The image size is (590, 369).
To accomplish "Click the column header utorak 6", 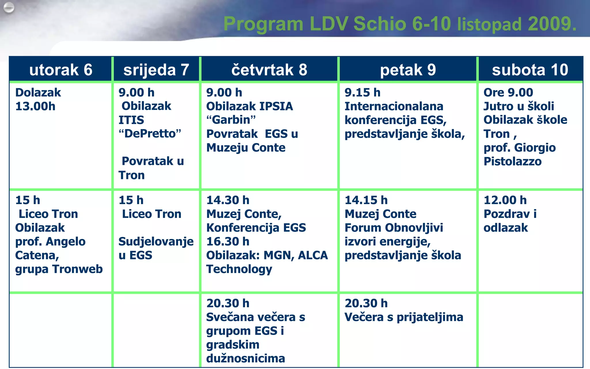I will click(61, 70).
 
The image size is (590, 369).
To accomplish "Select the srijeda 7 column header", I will click(156, 70).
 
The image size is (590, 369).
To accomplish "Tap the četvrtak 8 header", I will click(269, 70).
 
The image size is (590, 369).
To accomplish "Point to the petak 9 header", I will click(408, 70).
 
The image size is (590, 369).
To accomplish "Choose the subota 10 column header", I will click(530, 70).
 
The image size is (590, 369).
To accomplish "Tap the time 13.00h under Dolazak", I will click(35, 106).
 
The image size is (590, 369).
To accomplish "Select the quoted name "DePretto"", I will click(150, 134).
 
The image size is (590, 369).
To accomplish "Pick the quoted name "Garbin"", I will click(231, 120).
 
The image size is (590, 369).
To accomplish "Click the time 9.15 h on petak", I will click(362, 93).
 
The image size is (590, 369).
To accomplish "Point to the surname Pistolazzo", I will click(513, 161).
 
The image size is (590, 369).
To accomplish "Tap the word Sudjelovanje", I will click(156, 242).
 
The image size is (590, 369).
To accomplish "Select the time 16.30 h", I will click(228, 242).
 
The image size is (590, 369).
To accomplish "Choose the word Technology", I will click(239, 269).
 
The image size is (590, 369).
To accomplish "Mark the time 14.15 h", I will click(366, 200).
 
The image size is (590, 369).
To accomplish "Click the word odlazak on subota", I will click(506, 228).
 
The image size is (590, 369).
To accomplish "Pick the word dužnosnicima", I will click(246, 358).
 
